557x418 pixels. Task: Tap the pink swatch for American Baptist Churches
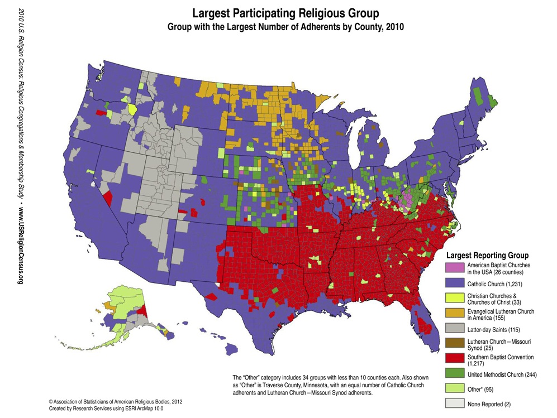point(454,268)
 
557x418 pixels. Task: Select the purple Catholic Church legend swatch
point(454,284)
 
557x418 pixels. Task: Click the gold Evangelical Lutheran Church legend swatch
point(454,314)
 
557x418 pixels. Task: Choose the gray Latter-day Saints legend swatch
point(454,329)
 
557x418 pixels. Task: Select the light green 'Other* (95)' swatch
point(454,388)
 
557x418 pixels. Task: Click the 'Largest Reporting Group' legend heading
point(487,255)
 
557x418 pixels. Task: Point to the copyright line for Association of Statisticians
point(115,401)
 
